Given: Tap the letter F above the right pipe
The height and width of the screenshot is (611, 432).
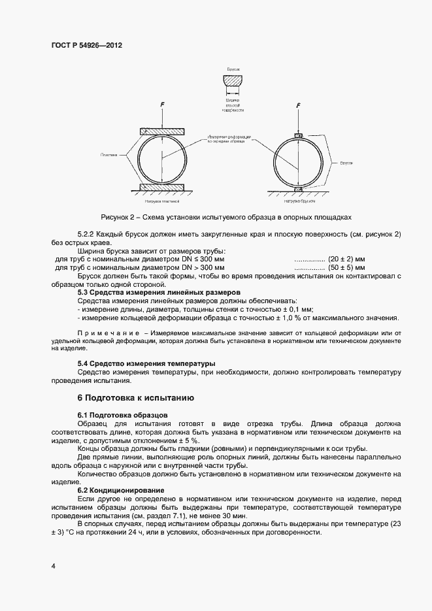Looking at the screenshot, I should pyautogui.click(x=298, y=105).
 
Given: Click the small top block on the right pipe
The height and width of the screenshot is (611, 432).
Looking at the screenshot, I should pyautogui.click(x=298, y=135).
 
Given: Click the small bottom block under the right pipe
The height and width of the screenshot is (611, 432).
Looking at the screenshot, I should pyautogui.click(x=298, y=190).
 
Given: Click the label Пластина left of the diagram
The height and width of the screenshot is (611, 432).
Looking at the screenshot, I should pyautogui.click(x=109, y=155).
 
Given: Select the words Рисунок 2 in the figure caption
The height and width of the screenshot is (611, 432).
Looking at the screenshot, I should pyautogui.click(x=120, y=217).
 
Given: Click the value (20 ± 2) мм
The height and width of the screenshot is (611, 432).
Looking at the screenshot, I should pyautogui.click(x=350, y=259).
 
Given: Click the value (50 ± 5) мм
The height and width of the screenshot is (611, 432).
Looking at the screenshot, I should pyautogui.click(x=350, y=268).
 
